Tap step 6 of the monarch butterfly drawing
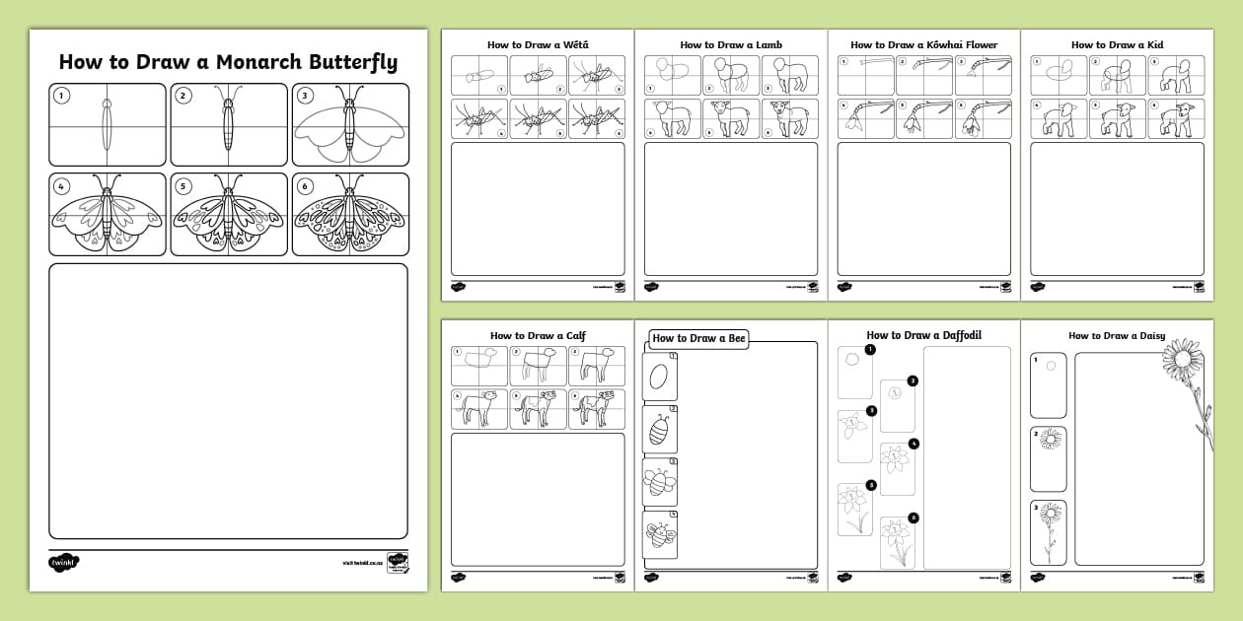(349, 215)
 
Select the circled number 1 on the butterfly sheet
(62, 96)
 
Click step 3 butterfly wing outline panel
(349, 125)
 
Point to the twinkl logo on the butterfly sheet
(63, 563)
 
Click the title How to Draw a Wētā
(538, 44)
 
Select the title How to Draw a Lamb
(731, 44)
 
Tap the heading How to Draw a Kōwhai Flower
(924, 44)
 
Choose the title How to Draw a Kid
(1117, 44)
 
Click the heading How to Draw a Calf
(538, 335)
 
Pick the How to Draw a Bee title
(698, 339)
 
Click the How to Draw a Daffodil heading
(924, 335)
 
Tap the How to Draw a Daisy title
(1117, 335)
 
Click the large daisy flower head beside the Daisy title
(1184, 356)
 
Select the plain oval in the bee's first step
(659, 377)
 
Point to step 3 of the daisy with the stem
(1049, 532)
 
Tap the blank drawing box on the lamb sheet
(731, 209)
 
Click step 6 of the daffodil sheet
(897, 541)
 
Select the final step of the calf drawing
(596, 410)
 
